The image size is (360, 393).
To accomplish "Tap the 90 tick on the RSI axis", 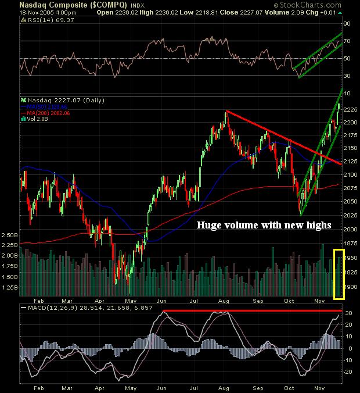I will (x=348, y=24).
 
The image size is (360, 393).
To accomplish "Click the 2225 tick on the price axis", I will (x=350, y=110).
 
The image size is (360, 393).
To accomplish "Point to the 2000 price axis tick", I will (x=350, y=228).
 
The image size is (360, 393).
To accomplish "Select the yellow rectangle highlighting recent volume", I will (x=339, y=273).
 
